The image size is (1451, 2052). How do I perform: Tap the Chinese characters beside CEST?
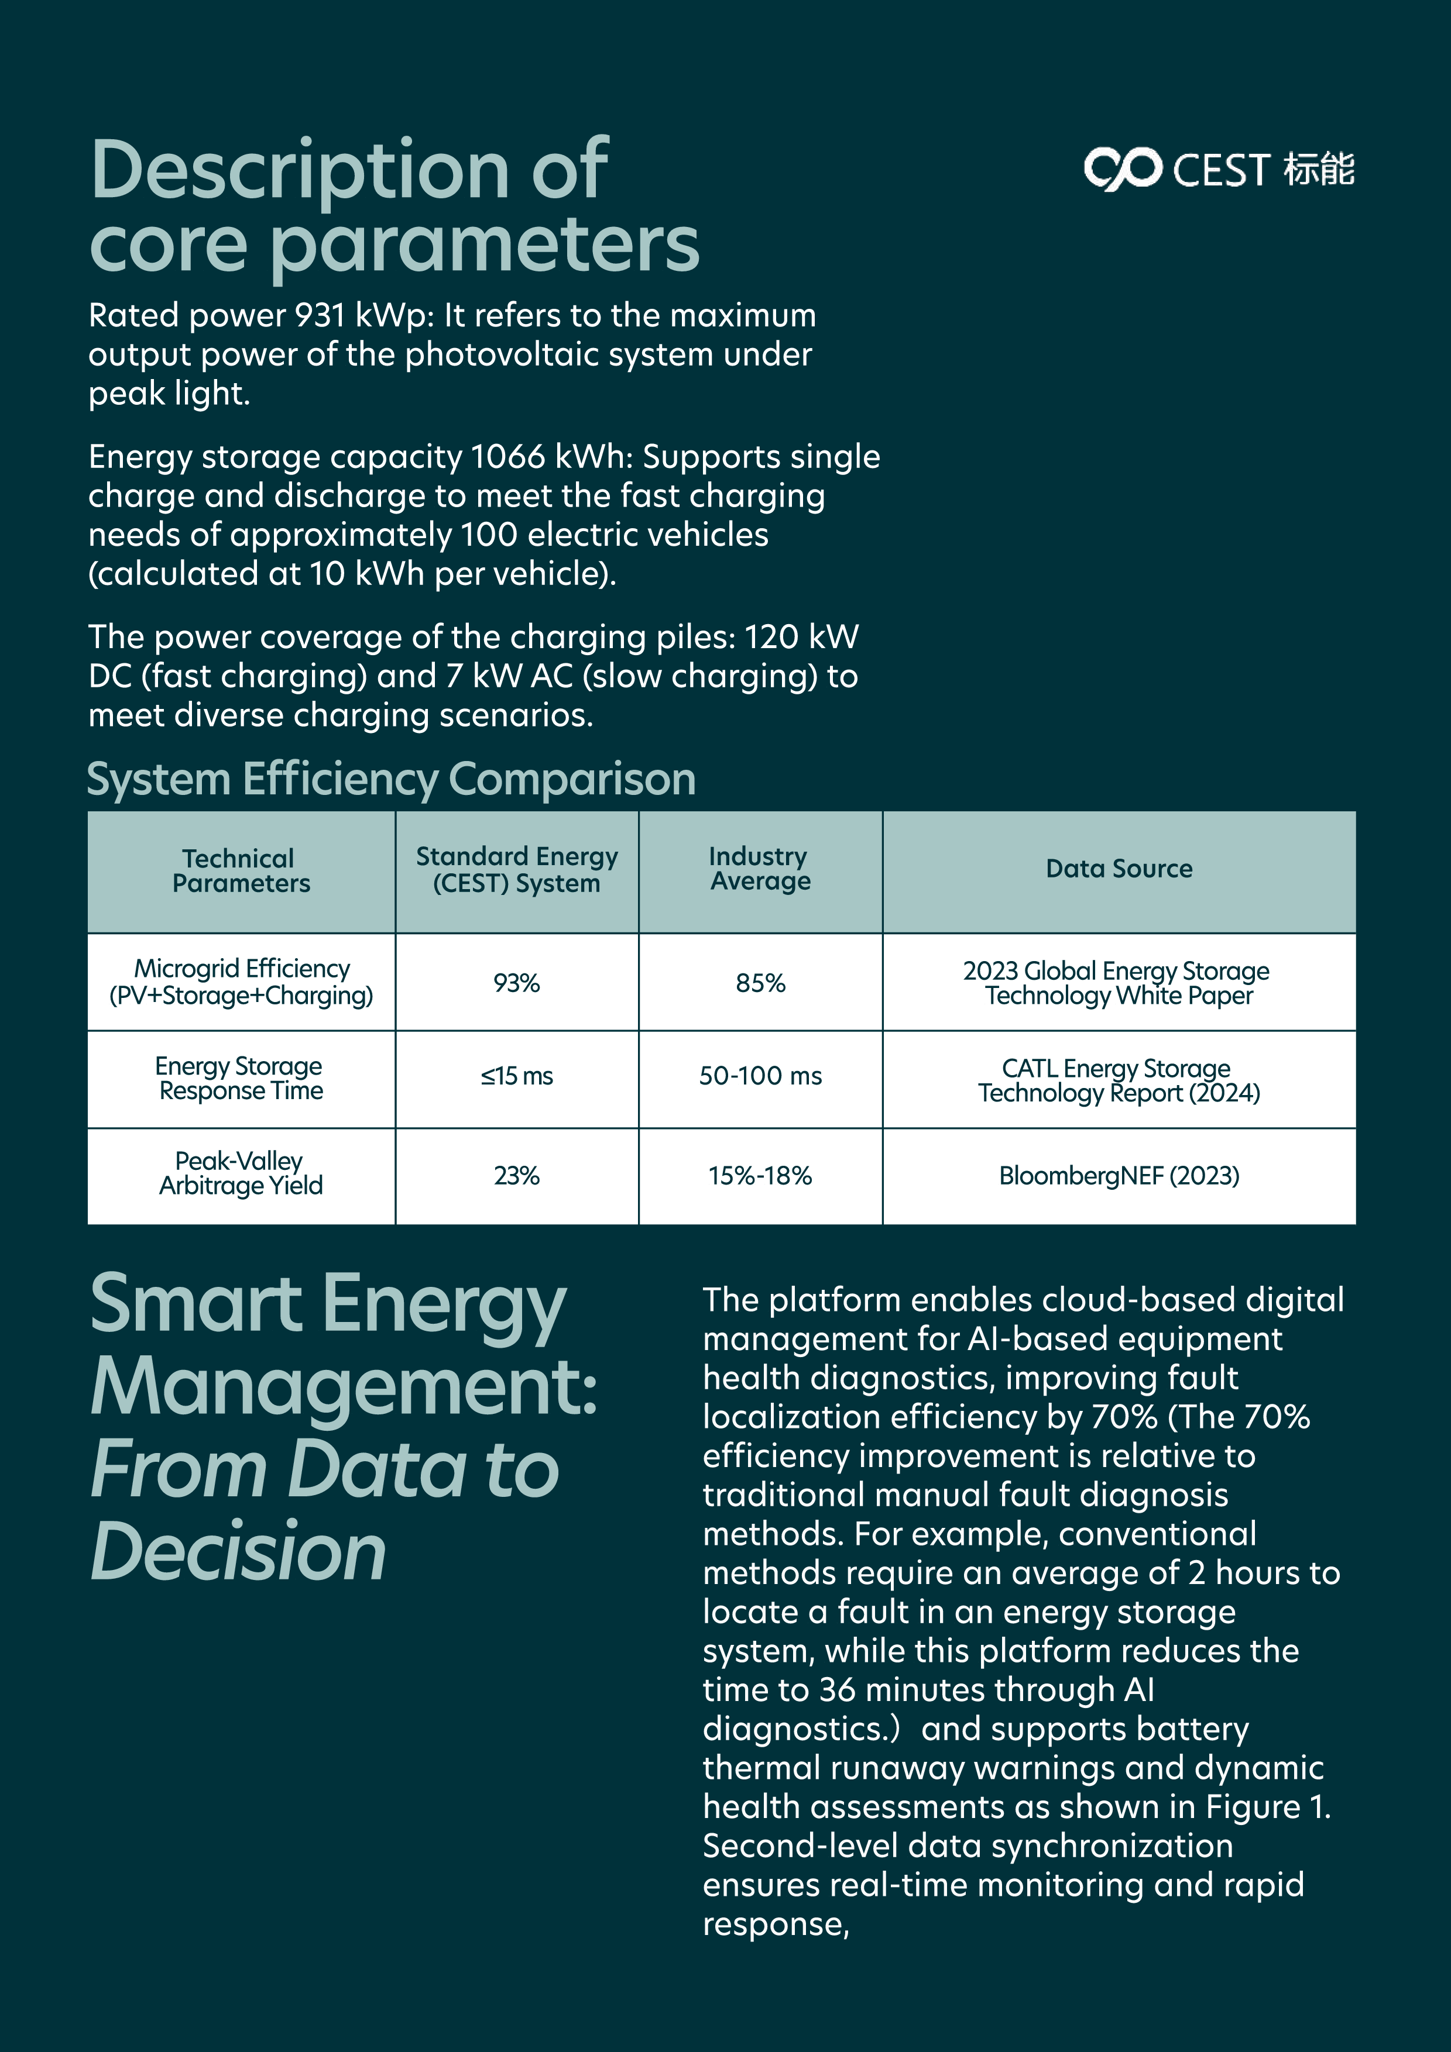pos(1319,169)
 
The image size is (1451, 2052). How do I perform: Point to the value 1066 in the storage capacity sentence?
pos(508,457)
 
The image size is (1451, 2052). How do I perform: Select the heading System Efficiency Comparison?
pos(390,779)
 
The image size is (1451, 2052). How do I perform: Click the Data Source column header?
pos(1119,869)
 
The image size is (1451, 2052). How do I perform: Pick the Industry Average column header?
pos(760,869)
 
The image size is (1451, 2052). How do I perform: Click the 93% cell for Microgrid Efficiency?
pos(517,983)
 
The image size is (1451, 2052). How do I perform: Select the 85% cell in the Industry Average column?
pos(760,983)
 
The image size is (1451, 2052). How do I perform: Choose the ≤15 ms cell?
pos(517,1076)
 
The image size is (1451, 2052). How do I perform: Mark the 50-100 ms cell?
pos(760,1076)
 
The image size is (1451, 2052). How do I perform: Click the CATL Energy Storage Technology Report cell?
pos(1119,1080)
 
